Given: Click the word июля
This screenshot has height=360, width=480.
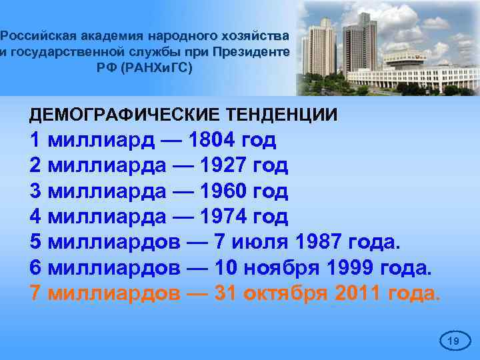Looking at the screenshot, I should [x=265, y=242].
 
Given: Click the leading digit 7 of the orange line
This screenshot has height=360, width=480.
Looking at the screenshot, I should [x=36, y=293].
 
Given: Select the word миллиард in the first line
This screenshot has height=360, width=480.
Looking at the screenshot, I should [x=101, y=141].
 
